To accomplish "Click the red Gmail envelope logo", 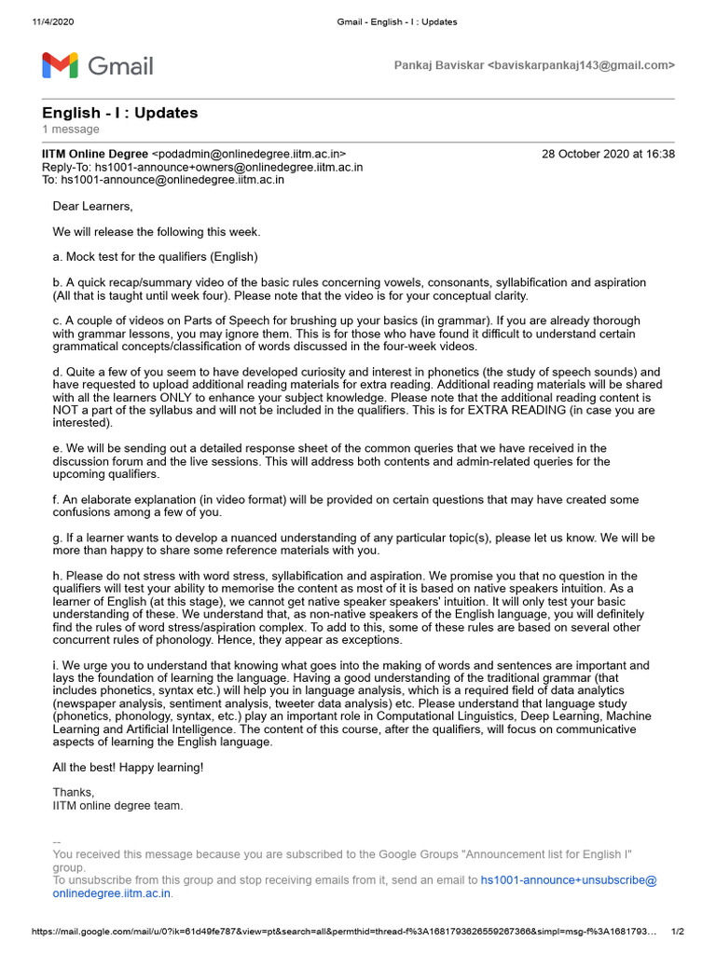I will [61, 65].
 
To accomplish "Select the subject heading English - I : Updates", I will [120, 113].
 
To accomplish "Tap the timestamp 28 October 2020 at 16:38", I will [608, 154].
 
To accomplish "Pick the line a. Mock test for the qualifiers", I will [155, 256].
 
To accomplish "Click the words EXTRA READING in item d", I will [529, 410].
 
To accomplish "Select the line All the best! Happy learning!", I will [128, 767].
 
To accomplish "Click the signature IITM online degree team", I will [118, 806].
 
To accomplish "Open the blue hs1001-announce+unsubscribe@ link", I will [569, 879].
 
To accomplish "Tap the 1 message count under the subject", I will [71, 129].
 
